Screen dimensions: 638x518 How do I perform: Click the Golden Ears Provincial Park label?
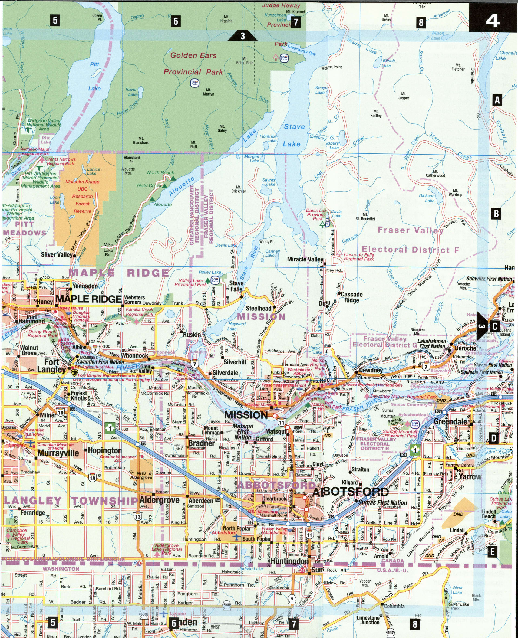193,64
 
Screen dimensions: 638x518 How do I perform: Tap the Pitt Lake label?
95,76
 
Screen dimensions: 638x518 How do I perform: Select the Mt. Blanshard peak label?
141,140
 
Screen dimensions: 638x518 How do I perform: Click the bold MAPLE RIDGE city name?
89,299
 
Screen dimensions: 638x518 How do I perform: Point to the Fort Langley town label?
51,366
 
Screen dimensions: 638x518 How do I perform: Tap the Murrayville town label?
58,453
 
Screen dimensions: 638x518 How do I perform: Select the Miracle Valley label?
305,259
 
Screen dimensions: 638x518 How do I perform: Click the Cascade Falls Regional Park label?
359,257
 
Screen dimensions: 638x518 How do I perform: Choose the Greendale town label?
450,422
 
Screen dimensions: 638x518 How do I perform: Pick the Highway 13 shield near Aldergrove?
137,516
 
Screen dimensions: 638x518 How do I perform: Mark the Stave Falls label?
236,286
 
